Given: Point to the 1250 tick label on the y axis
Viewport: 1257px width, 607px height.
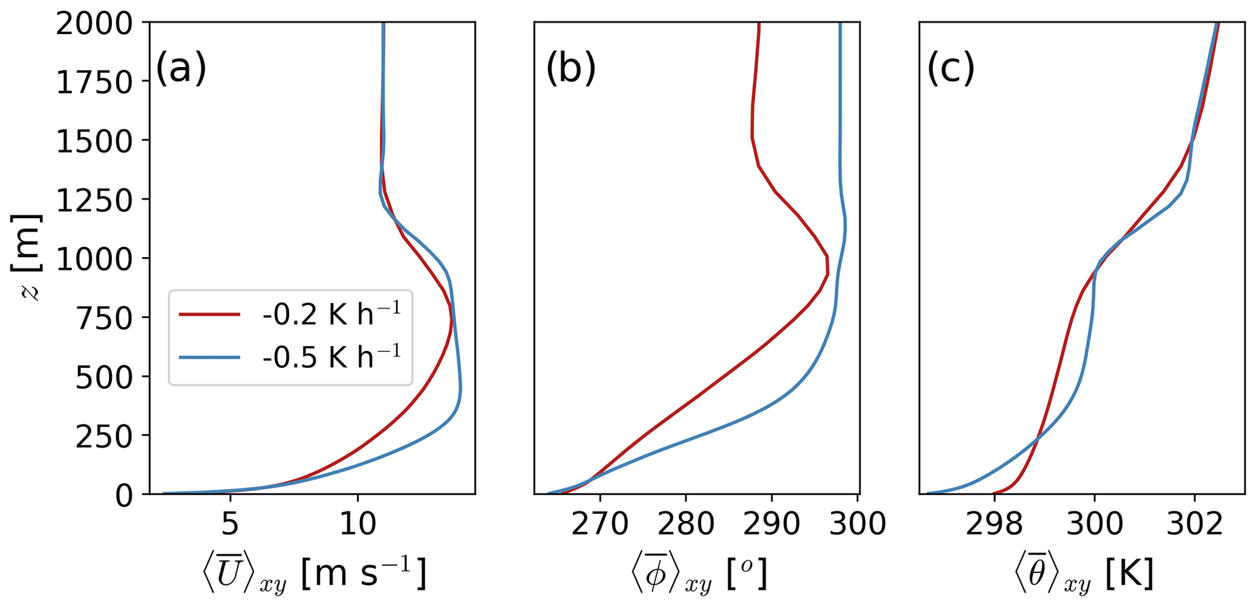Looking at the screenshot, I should [94, 200].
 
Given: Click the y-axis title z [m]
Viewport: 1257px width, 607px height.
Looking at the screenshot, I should [27, 258].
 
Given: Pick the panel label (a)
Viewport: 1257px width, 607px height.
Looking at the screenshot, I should [181, 68].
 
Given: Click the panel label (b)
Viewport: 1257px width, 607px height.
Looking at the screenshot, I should [570, 68].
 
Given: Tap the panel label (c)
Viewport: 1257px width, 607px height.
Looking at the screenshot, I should [951, 68].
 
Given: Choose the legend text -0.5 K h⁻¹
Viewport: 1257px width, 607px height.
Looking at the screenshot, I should [331, 358].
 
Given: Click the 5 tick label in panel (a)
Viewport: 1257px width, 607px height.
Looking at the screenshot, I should [230, 523].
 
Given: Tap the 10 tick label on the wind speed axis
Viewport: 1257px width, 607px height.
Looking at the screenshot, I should [358, 523].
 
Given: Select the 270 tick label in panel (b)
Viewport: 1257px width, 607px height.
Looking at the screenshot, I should [600, 523].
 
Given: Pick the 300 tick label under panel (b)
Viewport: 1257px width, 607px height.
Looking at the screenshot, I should [857, 523].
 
